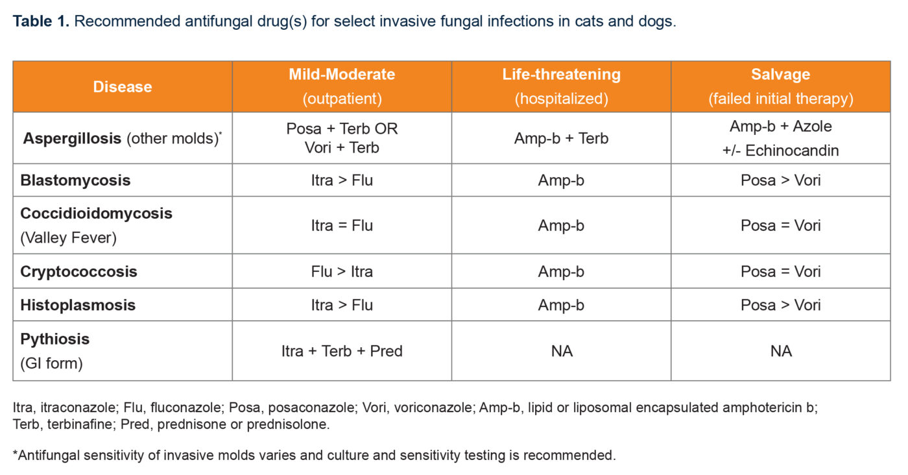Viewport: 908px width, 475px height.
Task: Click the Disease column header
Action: (123, 87)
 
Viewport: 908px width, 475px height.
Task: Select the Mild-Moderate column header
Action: (342, 75)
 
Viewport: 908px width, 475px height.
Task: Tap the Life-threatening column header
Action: (561, 75)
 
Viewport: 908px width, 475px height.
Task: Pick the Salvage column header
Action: (780, 75)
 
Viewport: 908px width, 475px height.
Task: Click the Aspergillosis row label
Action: (72, 138)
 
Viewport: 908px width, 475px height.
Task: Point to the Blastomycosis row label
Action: (75, 180)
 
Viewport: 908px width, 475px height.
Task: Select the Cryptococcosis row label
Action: (78, 271)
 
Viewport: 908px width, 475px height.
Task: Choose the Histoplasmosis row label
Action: (78, 305)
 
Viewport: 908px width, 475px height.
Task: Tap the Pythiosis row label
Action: (55, 339)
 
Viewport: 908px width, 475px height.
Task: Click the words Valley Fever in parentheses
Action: (69, 238)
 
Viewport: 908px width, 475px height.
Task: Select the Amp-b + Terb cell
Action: (561, 138)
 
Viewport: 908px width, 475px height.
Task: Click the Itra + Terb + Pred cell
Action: (342, 351)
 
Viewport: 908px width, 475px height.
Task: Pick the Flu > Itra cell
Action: (342, 271)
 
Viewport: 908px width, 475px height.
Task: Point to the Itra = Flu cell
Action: (342, 225)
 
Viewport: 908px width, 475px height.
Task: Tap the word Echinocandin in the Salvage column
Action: (792, 151)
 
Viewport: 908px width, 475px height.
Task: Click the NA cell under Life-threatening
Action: (561, 351)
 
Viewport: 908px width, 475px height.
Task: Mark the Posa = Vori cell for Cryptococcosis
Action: (780, 271)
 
